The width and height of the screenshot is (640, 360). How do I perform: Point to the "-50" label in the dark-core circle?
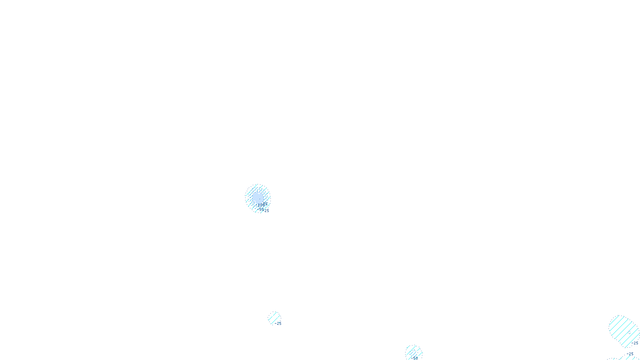pyautogui.click(x=261, y=209)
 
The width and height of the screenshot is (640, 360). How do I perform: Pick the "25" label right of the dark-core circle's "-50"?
pyautogui.click(x=267, y=211)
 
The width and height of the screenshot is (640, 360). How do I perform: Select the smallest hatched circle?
pyautogui.click(x=274, y=318)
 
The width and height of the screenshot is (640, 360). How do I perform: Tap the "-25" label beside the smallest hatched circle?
pyautogui.click(x=278, y=324)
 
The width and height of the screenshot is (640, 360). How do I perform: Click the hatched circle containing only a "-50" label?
pyautogui.click(x=413, y=352)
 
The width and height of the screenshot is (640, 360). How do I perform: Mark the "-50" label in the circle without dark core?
pyautogui.click(x=415, y=358)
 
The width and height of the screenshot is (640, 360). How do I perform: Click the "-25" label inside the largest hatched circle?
pyautogui.click(x=635, y=343)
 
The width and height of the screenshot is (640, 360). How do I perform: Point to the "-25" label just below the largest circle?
pyautogui.click(x=630, y=354)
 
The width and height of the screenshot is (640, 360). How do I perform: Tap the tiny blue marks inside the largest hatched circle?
pyautogui.click(x=629, y=333)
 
